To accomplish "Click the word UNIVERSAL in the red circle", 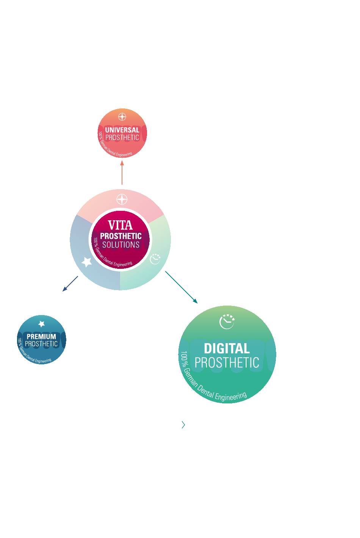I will click(x=122, y=130).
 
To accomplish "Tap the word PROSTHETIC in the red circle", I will click(x=122, y=138).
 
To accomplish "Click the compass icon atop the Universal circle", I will click(x=122, y=117).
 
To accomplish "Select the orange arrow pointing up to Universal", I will click(x=122, y=173).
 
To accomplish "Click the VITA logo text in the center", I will click(x=121, y=225).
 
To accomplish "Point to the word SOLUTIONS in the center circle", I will click(x=121, y=245).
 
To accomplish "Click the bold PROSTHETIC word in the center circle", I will click(x=121, y=236).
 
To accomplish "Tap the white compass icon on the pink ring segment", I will click(x=122, y=199).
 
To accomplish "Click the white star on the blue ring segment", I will click(x=87, y=262).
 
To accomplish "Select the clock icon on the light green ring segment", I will click(x=155, y=259).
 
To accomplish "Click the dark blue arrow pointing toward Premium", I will click(x=70, y=284).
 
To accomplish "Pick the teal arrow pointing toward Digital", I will click(x=181, y=287).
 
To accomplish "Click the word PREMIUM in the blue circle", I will click(x=41, y=336).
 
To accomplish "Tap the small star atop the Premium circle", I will click(x=42, y=324).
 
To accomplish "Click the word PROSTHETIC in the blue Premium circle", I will click(x=41, y=344).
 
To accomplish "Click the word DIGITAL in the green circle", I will click(x=227, y=348).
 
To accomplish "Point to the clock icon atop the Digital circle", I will click(x=227, y=322).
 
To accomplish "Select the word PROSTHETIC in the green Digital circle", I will click(x=227, y=363).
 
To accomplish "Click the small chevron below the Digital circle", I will click(x=183, y=425).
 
